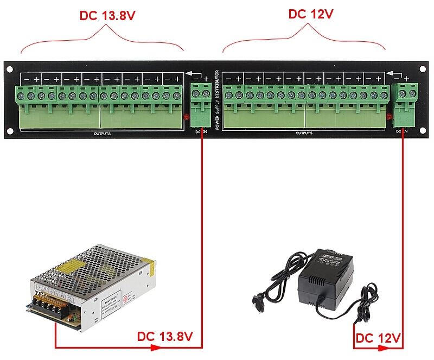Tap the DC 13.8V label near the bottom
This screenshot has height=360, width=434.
point(165,336)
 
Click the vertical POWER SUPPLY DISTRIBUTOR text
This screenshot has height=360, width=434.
point(218,100)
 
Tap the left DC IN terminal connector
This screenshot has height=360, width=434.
point(201,103)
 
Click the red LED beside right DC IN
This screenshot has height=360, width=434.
point(389,116)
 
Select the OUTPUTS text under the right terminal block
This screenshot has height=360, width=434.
point(304,133)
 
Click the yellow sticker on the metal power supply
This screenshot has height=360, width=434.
point(71,266)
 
